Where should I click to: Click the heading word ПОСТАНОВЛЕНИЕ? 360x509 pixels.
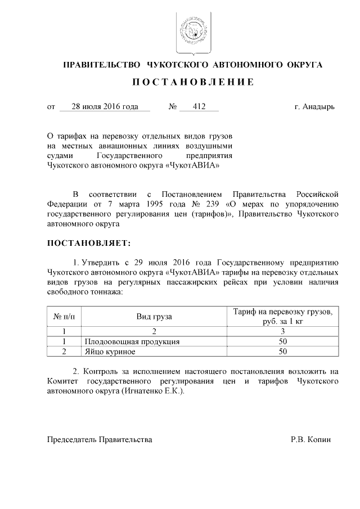tap(193, 83)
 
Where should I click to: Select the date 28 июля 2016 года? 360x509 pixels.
tap(105, 106)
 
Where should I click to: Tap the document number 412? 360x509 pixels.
tap(199, 106)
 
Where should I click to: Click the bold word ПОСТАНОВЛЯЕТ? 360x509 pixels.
tap(88, 243)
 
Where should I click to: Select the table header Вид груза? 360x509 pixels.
tap(154, 317)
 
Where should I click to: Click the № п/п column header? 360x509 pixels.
tap(64, 317)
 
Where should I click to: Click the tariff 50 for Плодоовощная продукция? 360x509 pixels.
tap(283, 341)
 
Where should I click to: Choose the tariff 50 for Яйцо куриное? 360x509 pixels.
tap(283, 352)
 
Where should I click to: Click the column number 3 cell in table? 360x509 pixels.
tap(283, 331)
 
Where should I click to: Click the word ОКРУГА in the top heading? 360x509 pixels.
tap(304, 65)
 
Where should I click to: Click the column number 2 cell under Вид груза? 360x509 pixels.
tap(154, 331)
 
